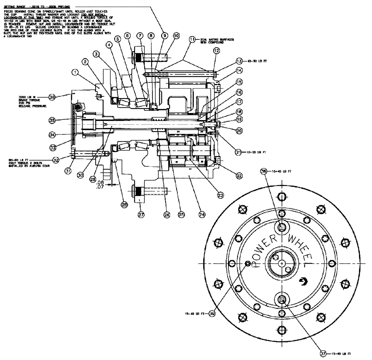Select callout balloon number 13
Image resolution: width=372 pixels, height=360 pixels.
click(239, 61)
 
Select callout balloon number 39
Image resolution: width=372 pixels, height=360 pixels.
click(212, 314)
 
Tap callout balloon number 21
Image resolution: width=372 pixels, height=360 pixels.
click(238, 152)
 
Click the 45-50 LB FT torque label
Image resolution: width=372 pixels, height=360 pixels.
click(254, 61)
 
